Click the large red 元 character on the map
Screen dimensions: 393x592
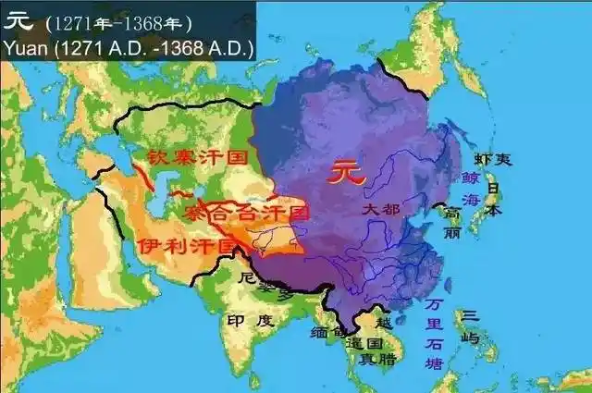click(x=343, y=172)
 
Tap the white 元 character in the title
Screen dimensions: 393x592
click(x=18, y=20)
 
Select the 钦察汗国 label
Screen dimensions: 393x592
click(x=192, y=156)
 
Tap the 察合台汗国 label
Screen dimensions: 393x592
click(x=247, y=213)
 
